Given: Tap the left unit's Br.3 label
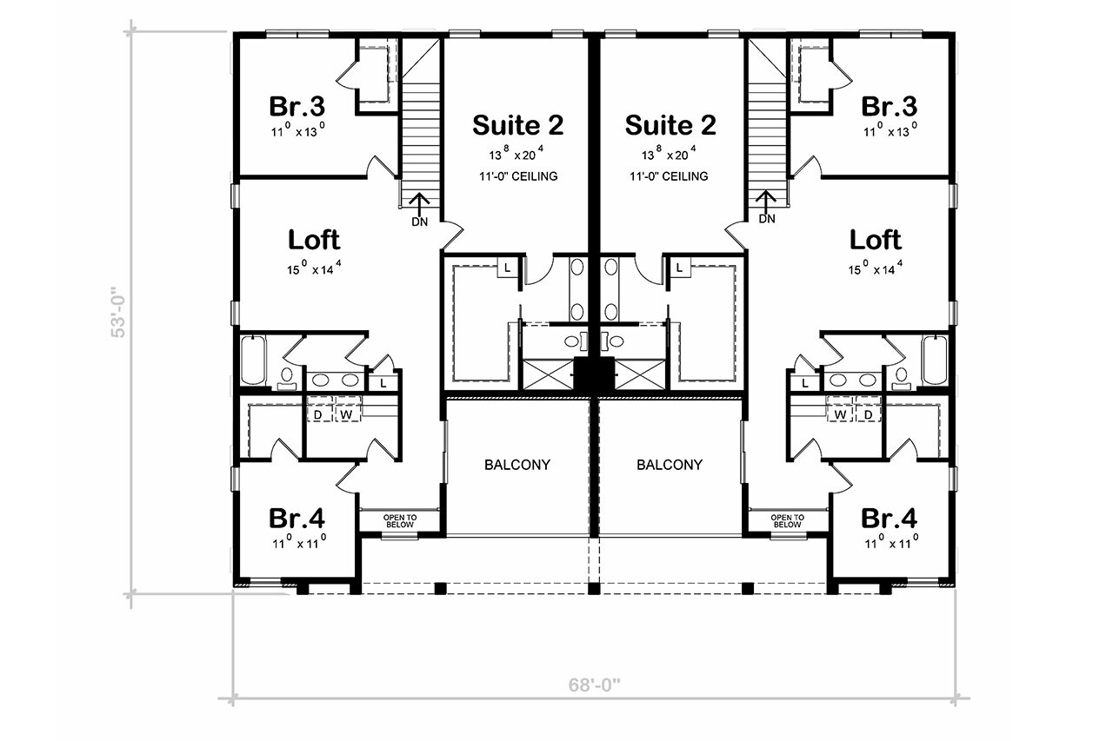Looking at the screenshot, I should (x=297, y=107).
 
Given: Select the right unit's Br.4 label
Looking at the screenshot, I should (x=889, y=519).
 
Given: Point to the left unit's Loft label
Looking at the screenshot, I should (x=314, y=239).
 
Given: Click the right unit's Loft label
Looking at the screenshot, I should (x=876, y=239).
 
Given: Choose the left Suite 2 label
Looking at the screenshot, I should (x=517, y=125).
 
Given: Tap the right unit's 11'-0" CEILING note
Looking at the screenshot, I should (x=670, y=176).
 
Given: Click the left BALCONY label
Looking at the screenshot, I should (x=517, y=465).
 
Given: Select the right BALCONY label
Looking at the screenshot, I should (x=670, y=465).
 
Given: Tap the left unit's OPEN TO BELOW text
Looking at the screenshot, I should (x=400, y=521).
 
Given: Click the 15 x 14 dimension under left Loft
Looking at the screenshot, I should (x=314, y=269).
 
